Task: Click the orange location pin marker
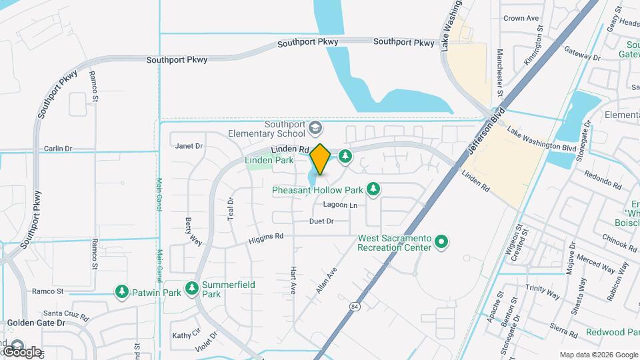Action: (x=320, y=159)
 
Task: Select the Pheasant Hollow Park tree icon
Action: (x=374, y=189)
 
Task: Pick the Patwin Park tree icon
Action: (x=121, y=291)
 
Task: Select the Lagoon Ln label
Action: (x=340, y=205)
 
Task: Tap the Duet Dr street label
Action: (x=321, y=221)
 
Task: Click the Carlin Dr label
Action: (x=58, y=149)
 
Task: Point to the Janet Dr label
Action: (x=188, y=146)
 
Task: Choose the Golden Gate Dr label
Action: (x=35, y=323)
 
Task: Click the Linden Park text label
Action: (x=269, y=160)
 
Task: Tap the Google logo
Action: (x=21, y=351)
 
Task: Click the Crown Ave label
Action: (x=521, y=18)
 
